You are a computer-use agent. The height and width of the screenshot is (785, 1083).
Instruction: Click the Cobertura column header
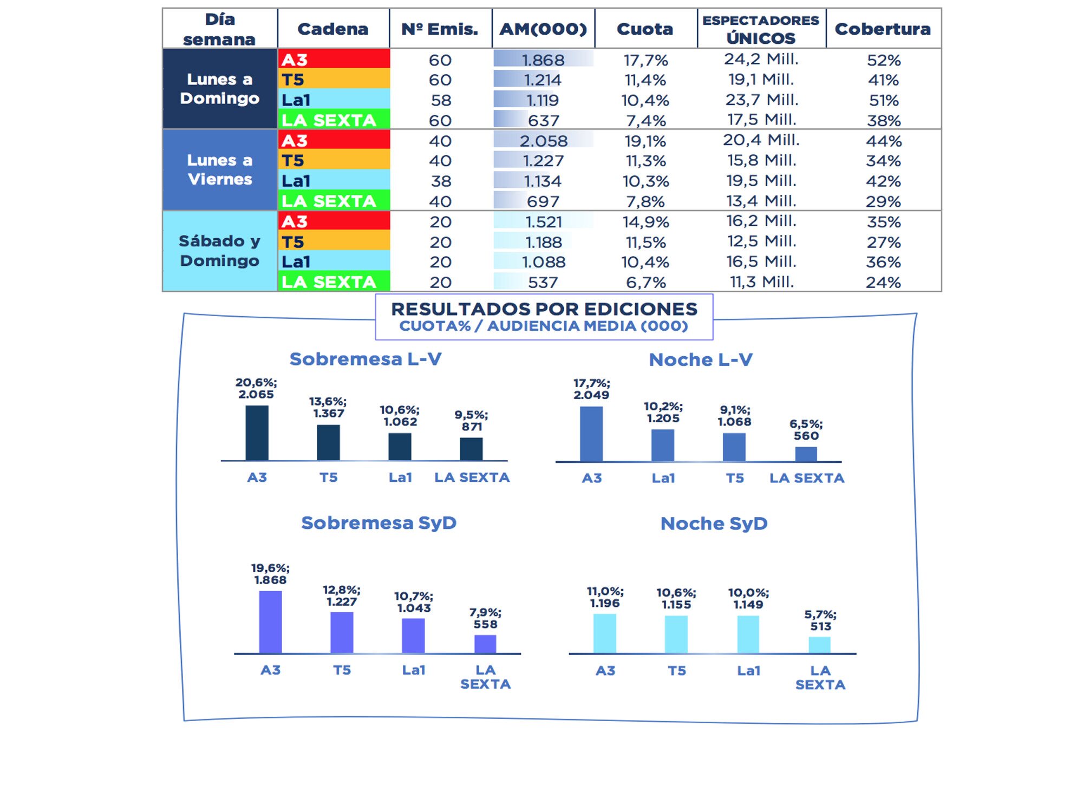(x=883, y=29)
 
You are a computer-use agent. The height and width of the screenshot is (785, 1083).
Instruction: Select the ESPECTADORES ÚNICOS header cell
(x=761, y=29)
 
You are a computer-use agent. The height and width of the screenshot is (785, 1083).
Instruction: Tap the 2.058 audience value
(x=544, y=141)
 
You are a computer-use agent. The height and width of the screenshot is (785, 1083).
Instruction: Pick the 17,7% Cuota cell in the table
(x=645, y=60)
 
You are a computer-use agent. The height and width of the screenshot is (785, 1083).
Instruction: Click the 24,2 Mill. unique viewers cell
(x=761, y=59)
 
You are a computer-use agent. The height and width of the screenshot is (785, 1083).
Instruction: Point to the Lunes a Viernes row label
(x=220, y=169)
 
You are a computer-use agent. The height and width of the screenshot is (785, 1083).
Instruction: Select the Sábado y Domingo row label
(x=220, y=251)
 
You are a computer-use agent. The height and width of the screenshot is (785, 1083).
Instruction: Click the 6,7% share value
(x=645, y=282)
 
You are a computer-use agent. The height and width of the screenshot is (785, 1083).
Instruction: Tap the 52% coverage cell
(x=883, y=60)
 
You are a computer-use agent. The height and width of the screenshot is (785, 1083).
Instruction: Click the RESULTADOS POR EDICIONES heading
(x=544, y=309)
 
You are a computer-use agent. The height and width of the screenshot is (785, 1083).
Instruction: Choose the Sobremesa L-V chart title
(x=366, y=359)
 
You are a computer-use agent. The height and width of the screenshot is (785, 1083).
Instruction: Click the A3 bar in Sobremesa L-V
(x=257, y=433)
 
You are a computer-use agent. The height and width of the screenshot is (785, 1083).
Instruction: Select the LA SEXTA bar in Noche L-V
(x=806, y=454)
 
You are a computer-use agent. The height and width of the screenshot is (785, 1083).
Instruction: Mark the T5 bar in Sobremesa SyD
(x=342, y=632)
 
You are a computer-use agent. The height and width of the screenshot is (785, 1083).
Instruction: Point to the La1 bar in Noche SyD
(x=748, y=634)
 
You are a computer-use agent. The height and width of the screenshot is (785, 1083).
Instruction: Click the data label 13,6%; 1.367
(x=328, y=407)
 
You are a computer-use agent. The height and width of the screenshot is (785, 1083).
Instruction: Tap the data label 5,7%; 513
(x=820, y=620)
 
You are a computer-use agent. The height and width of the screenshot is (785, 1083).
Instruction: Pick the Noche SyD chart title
(x=714, y=524)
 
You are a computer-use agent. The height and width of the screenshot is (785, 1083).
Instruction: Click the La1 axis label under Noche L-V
(x=663, y=478)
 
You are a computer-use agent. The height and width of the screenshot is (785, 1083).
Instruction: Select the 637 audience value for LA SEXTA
(x=543, y=121)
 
